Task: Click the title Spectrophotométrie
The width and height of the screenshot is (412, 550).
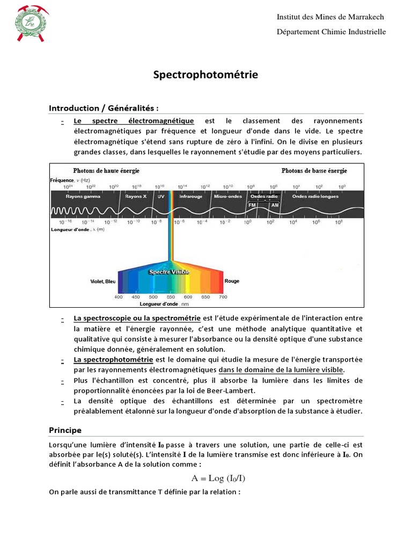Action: (x=206, y=75)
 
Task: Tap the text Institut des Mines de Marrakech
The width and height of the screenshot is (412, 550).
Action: (x=330, y=17)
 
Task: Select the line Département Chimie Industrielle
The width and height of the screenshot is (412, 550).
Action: (x=331, y=32)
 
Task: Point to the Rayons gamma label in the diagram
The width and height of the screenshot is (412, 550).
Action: (x=83, y=197)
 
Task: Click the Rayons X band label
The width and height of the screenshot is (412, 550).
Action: (x=135, y=197)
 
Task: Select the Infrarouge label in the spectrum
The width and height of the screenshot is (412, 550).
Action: (x=190, y=197)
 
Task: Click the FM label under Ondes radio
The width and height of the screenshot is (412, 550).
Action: (x=253, y=205)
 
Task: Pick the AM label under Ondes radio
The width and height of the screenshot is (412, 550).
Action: (x=275, y=205)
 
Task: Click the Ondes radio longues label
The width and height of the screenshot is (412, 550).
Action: (x=316, y=197)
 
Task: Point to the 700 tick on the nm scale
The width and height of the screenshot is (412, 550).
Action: (x=223, y=297)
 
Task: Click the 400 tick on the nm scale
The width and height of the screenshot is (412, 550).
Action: (x=119, y=297)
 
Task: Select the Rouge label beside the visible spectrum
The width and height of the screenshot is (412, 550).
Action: (x=232, y=281)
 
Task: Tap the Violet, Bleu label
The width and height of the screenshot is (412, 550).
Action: (x=102, y=281)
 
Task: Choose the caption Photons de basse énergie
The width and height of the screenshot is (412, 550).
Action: (x=314, y=171)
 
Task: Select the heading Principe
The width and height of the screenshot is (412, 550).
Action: (x=65, y=430)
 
